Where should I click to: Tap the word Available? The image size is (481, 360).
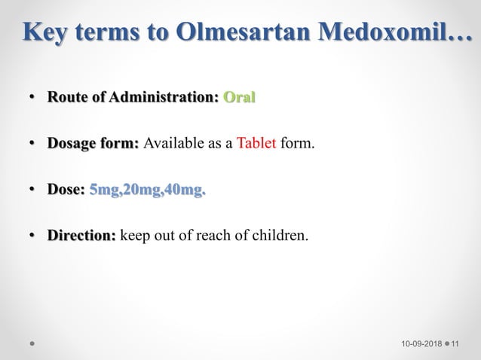pos(173,144)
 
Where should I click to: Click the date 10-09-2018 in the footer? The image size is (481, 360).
pos(421,344)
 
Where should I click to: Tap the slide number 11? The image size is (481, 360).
pos(463,344)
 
